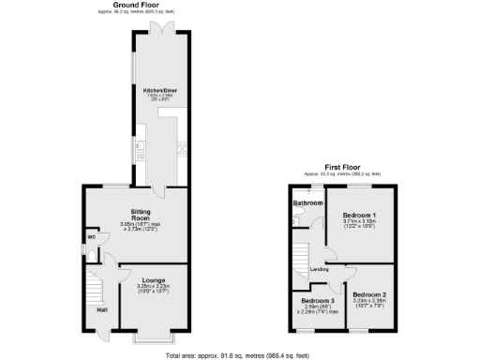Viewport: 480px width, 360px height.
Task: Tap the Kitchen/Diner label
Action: pos(160,90)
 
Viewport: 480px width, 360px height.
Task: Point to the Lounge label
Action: pos(154,279)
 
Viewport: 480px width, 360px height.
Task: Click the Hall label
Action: pos(100,309)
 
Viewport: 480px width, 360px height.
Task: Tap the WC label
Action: pos(92,237)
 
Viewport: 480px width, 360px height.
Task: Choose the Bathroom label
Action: pos(307,202)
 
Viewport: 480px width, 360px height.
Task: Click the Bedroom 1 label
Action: pos(359,214)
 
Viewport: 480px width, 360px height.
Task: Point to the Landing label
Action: pos(318,271)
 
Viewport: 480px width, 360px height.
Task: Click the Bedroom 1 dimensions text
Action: pos(359,223)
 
